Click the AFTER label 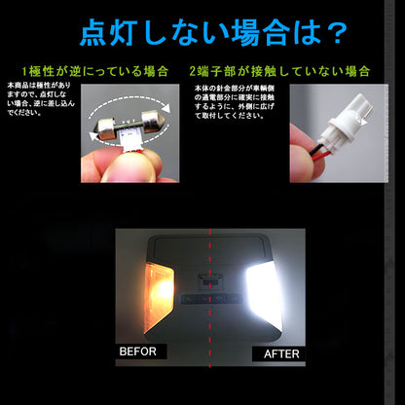point(280,353)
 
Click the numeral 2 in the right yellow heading point(193,72)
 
